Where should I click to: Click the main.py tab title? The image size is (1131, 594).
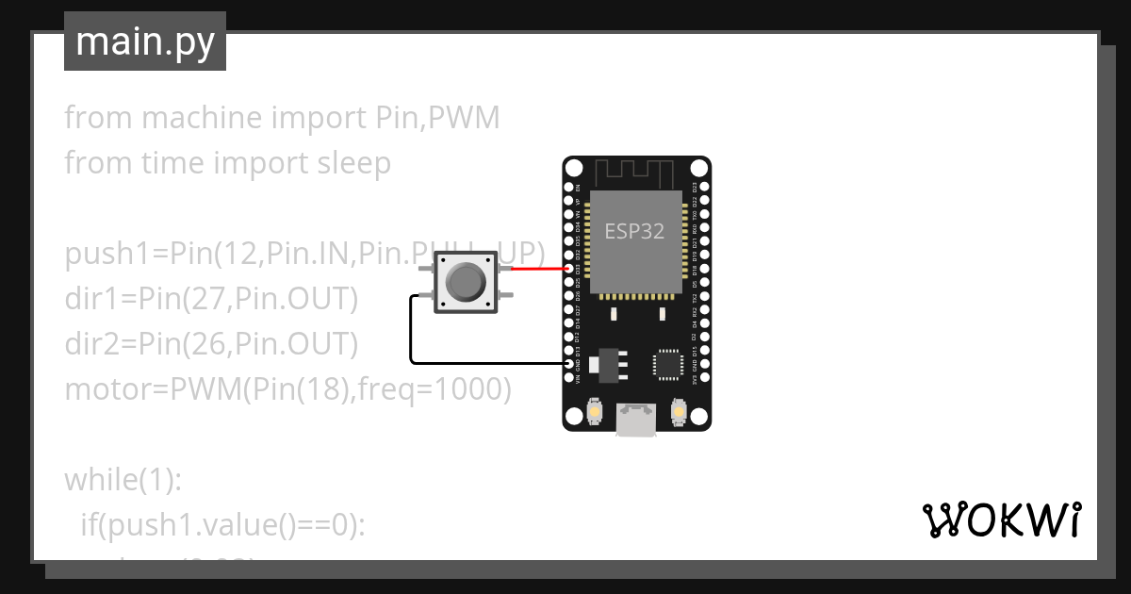click(x=145, y=41)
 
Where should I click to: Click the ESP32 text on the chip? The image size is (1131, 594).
click(x=634, y=231)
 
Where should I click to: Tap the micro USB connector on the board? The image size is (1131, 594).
click(x=636, y=420)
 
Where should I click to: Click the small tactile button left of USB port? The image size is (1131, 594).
click(x=596, y=412)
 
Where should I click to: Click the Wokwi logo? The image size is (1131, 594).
click(x=1001, y=520)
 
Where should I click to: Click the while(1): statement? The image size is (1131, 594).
click(x=122, y=480)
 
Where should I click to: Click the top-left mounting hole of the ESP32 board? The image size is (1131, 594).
click(x=574, y=168)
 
